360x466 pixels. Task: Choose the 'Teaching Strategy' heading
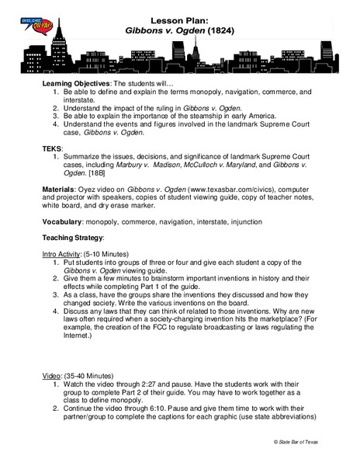(71, 237)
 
